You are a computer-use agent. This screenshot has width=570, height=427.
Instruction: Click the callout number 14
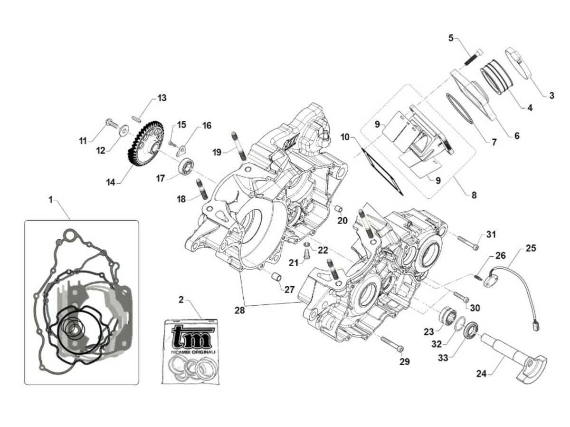pos(110,182)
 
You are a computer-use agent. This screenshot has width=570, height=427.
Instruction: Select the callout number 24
pos(481,374)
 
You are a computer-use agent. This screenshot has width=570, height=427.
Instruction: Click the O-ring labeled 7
pos(459,109)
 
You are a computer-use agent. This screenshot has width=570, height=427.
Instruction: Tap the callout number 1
pos(50,200)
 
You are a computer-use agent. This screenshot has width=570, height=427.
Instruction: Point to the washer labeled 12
pos(124,129)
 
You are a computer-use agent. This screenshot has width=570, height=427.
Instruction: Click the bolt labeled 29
pos(391,344)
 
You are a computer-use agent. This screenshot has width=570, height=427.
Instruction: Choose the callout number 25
pos(531,249)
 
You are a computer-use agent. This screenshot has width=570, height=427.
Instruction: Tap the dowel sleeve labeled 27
pos(275,277)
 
